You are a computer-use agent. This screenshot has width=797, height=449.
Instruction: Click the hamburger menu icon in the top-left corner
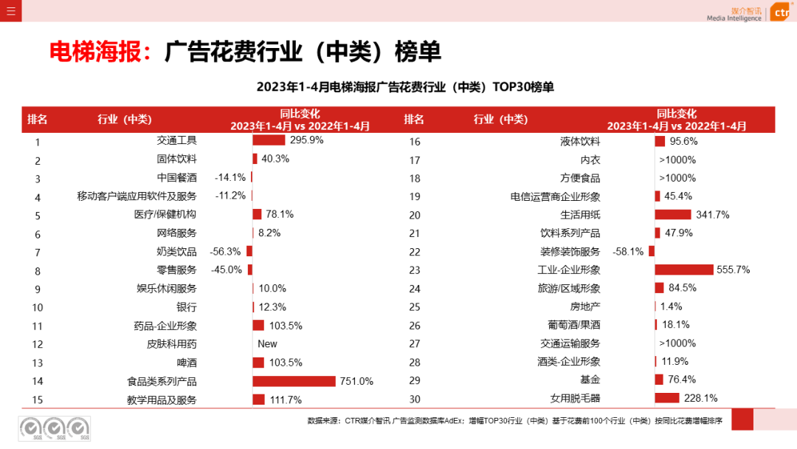click(10, 10)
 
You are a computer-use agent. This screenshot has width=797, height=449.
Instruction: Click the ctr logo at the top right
click(781, 13)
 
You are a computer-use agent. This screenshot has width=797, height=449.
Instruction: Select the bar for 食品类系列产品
click(294, 381)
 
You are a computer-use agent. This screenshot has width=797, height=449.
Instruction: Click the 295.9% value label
click(306, 140)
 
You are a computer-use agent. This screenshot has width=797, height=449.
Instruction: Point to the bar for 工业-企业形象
click(683, 270)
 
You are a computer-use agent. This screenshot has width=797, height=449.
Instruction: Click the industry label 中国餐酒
click(176, 177)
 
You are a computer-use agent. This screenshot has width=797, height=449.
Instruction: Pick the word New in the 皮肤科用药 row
click(267, 344)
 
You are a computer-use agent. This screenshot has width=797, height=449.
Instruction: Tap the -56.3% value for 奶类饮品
click(225, 251)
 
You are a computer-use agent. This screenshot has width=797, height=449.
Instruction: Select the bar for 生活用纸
click(672, 215)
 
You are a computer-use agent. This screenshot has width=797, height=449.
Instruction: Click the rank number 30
click(414, 400)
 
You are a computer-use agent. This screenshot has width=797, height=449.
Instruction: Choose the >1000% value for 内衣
click(677, 160)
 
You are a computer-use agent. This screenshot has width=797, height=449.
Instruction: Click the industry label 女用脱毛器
click(575, 399)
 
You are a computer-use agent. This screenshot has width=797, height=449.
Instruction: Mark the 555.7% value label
click(733, 270)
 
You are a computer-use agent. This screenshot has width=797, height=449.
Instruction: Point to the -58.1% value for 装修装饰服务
click(628, 252)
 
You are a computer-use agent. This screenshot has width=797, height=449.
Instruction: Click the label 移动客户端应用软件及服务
click(137, 196)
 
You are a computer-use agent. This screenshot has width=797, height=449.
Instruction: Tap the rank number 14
click(38, 382)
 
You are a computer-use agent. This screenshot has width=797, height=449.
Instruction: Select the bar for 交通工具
click(269, 140)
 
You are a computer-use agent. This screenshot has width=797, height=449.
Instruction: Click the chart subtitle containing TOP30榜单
click(404, 87)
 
